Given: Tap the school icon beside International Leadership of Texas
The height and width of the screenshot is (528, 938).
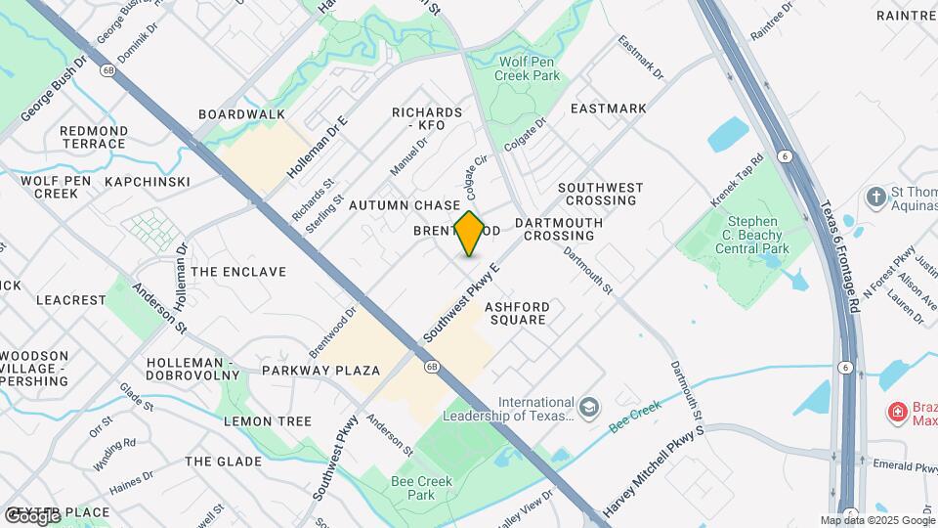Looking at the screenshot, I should pos(588,407).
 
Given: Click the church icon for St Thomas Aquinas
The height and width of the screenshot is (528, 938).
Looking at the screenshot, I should pos(875,196).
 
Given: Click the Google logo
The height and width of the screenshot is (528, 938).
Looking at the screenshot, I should pos(31,515).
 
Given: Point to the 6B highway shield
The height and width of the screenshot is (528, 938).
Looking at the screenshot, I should pos(431,367).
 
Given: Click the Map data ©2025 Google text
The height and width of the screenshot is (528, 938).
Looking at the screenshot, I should pos(877,520).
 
